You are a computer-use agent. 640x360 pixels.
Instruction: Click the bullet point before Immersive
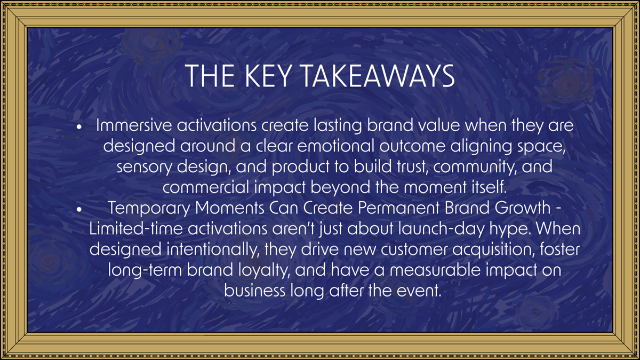(x=79, y=129)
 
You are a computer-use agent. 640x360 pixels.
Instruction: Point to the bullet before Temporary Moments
(x=79, y=210)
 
